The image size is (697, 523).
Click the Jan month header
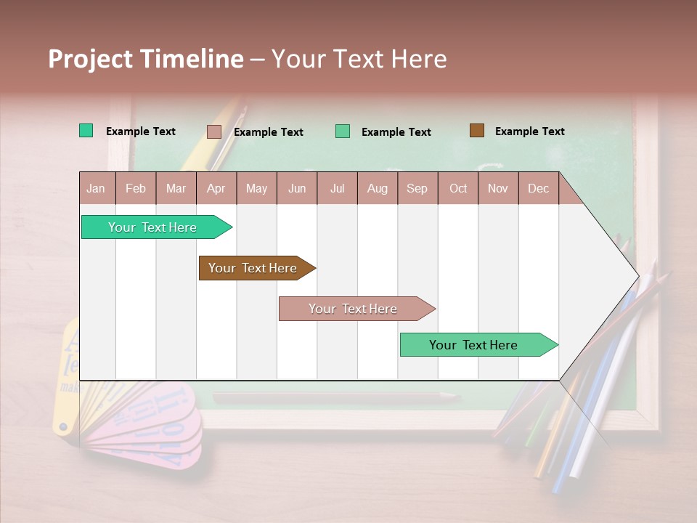(x=96, y=188)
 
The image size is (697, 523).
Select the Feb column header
(x=136, y=188)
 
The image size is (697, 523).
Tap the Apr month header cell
(x=216, y=188)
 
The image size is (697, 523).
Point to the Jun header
(x=297, y=188)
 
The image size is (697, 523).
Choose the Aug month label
(x=378, y=188)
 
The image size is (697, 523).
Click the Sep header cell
(x=417, y=188)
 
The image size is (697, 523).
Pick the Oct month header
(x=458, y=188)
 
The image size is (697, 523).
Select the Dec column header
(x=539, y=188)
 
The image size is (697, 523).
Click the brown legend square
(x=477, y=131)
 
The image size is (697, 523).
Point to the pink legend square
(x=213, y=131)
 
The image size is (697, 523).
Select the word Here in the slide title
(x=419, y=59)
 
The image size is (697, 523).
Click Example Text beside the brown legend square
(x=530, y=131)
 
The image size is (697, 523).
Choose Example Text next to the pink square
(x=269, y=132)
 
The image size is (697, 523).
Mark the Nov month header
(x=498, y=188)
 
